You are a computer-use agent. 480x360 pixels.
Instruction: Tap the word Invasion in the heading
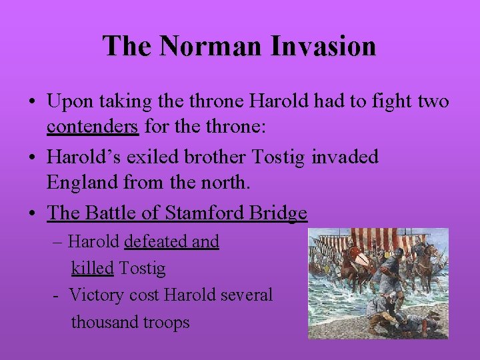[323, 46]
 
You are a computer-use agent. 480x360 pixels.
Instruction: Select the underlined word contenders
[93, 127]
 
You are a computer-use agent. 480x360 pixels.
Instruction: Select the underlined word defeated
[156, 241]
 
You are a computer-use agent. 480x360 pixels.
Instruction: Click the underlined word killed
[93, 269]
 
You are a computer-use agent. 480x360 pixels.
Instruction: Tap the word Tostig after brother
[279, 157]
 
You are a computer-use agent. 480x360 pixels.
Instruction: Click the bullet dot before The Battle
[33, 214]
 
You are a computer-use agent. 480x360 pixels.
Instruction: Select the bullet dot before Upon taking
[33, 102]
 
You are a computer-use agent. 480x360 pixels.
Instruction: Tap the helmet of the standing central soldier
[391, 256]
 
